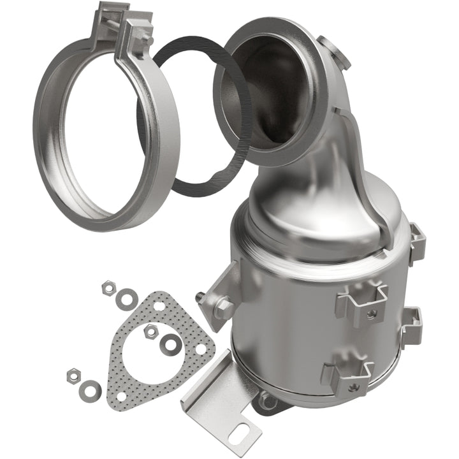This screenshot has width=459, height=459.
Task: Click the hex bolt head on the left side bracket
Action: click(x=223, y=308)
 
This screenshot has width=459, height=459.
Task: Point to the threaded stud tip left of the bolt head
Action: click(x=201, y=296)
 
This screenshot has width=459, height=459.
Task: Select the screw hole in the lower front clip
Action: click(x=347, y=385)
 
